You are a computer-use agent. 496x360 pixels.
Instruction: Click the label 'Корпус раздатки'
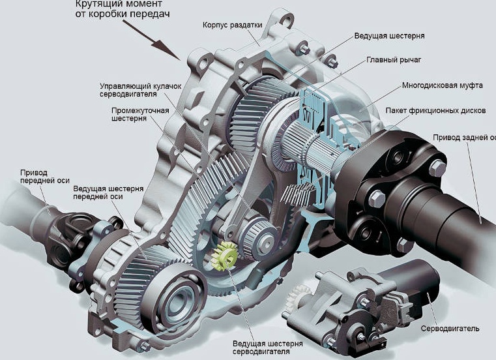coord(233,25)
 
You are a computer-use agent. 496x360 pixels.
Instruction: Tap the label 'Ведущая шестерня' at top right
coord(389,36)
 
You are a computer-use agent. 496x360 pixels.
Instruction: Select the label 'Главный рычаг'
coord(394,60)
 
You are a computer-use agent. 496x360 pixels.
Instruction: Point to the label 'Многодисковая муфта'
coord(442,85)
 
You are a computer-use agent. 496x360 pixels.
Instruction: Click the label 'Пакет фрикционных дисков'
coord(435,110)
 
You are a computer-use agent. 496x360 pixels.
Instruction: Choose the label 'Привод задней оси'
coord(464,138)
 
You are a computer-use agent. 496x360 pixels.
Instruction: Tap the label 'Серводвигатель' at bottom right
coord(450,329)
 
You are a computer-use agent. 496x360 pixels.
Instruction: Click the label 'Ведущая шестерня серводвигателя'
coord(268,348)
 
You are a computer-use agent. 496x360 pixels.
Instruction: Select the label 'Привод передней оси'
coord(44,177)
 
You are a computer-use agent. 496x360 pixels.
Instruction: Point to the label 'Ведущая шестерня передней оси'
coord(108,192)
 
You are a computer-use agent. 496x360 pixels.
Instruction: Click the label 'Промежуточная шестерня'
coord(140,114)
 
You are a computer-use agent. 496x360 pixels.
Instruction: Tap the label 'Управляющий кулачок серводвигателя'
coord(140,90)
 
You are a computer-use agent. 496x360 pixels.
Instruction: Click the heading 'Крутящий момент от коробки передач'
coord(123,9)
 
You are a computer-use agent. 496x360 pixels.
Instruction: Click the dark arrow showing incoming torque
coord(151,40)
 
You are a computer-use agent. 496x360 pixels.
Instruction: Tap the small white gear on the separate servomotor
coord(297,297)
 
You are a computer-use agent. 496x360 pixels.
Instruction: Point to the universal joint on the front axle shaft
coord(70,237)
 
